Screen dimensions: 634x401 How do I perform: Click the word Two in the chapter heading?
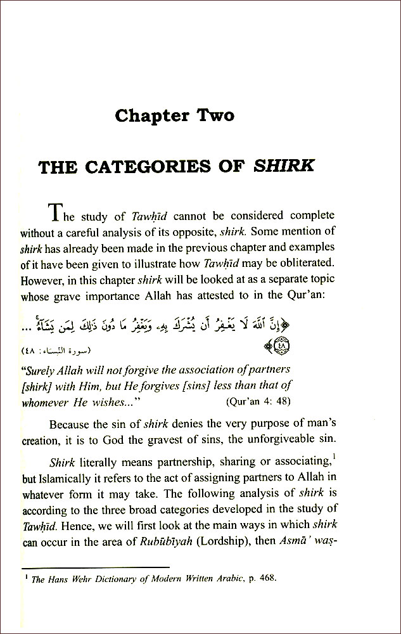pyautogui.click(x=210, y=115)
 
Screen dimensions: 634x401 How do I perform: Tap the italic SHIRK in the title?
pyautogui.click(x=283, y=167)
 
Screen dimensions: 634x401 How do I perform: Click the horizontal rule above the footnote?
pyautogui.click(x=95, y=567)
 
